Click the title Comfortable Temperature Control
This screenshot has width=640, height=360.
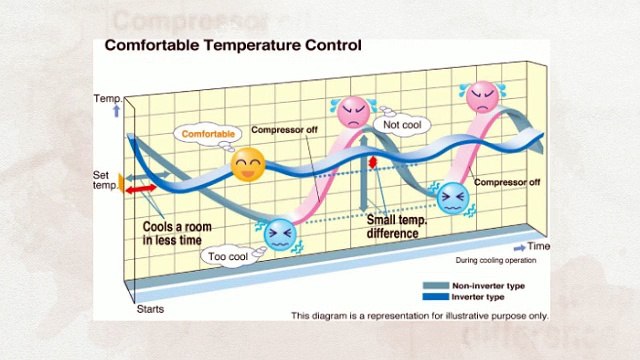233,45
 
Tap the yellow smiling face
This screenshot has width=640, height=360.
247,165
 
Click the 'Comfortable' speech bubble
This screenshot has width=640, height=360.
208,133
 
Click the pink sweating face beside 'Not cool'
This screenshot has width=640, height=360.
353,112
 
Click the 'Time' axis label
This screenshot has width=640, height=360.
539,246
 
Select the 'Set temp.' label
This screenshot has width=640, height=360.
105,181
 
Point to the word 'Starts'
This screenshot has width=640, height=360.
149,310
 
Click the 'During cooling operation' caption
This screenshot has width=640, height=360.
496,261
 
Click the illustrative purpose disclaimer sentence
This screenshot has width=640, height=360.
420,316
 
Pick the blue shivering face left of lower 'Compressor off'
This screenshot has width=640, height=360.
451,198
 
